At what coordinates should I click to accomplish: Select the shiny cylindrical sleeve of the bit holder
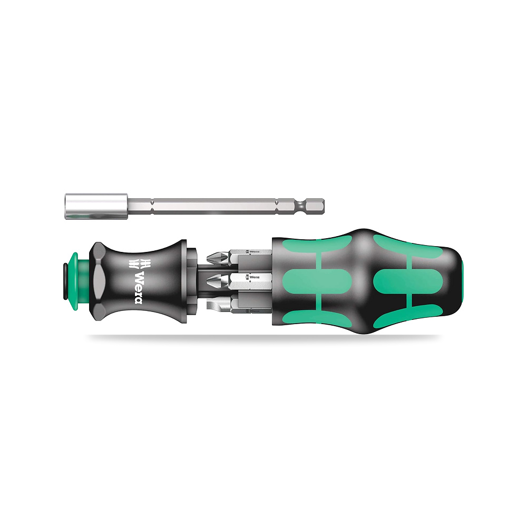(x=96, y=207)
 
